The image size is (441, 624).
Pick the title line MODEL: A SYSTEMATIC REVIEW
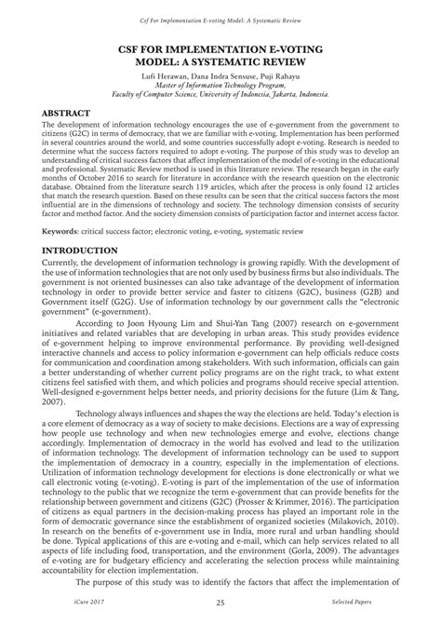220,51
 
